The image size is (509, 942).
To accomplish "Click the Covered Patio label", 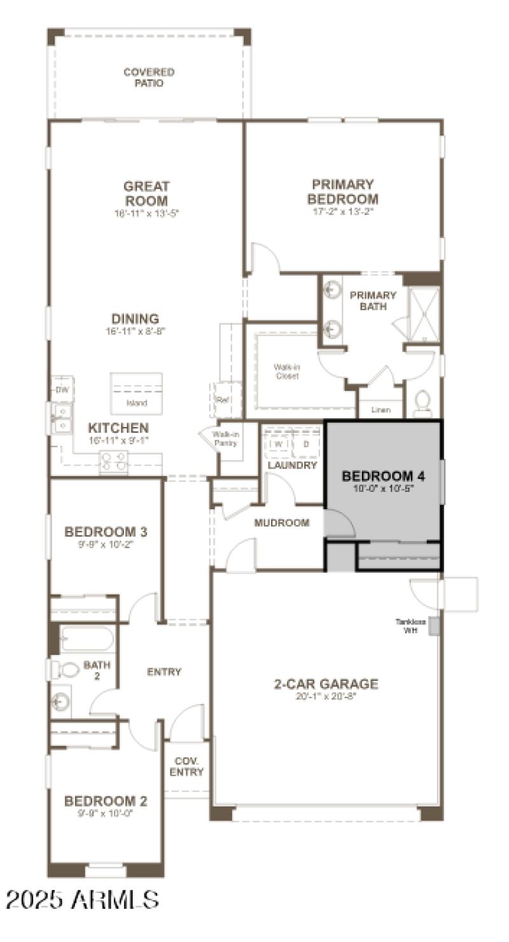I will pos(148,78).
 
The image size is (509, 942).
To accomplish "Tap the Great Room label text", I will pos(146,193).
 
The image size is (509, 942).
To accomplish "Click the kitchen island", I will pos(136,393).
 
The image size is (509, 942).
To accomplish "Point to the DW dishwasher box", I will pos(62,390).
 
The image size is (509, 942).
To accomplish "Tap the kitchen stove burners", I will pos(113,461).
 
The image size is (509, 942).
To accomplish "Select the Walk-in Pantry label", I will pos(225,439).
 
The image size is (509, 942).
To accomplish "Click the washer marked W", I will pos(279,444).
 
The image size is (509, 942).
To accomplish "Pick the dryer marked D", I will pos(306,444).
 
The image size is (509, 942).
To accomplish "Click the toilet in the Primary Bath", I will pos(422,403).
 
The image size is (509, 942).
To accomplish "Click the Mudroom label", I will pos(281,523).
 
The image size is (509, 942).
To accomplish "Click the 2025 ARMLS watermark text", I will pos(83,899).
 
